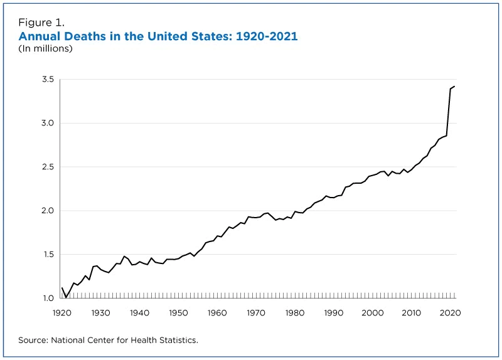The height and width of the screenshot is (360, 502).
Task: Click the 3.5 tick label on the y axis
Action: pos(48,80)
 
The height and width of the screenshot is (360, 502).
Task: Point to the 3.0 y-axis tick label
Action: pos(48,124)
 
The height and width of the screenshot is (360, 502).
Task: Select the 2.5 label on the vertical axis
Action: pos(48,167)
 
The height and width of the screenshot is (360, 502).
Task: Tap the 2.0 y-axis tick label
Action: pos(48,211)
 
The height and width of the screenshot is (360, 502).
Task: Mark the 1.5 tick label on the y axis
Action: pos(48,255)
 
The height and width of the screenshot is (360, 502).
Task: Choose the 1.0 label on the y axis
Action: pos(48,299)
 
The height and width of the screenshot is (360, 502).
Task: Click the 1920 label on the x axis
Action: pos(61,312)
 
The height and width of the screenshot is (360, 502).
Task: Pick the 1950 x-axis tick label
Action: pos(178,312)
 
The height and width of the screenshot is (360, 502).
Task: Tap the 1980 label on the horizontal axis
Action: pos(295,312)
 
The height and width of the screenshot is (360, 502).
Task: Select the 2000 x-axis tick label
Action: pos(373,312)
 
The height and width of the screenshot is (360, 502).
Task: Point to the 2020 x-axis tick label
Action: pos(450,312)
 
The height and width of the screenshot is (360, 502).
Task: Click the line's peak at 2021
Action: pos(454,87)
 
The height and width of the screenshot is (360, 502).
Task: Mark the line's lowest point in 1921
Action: pos(66,297)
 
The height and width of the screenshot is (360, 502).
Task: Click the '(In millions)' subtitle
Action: pos(45,48)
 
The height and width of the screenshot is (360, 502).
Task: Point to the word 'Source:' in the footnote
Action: pos(35,340)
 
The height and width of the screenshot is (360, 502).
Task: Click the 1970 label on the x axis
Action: pos(256,312)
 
